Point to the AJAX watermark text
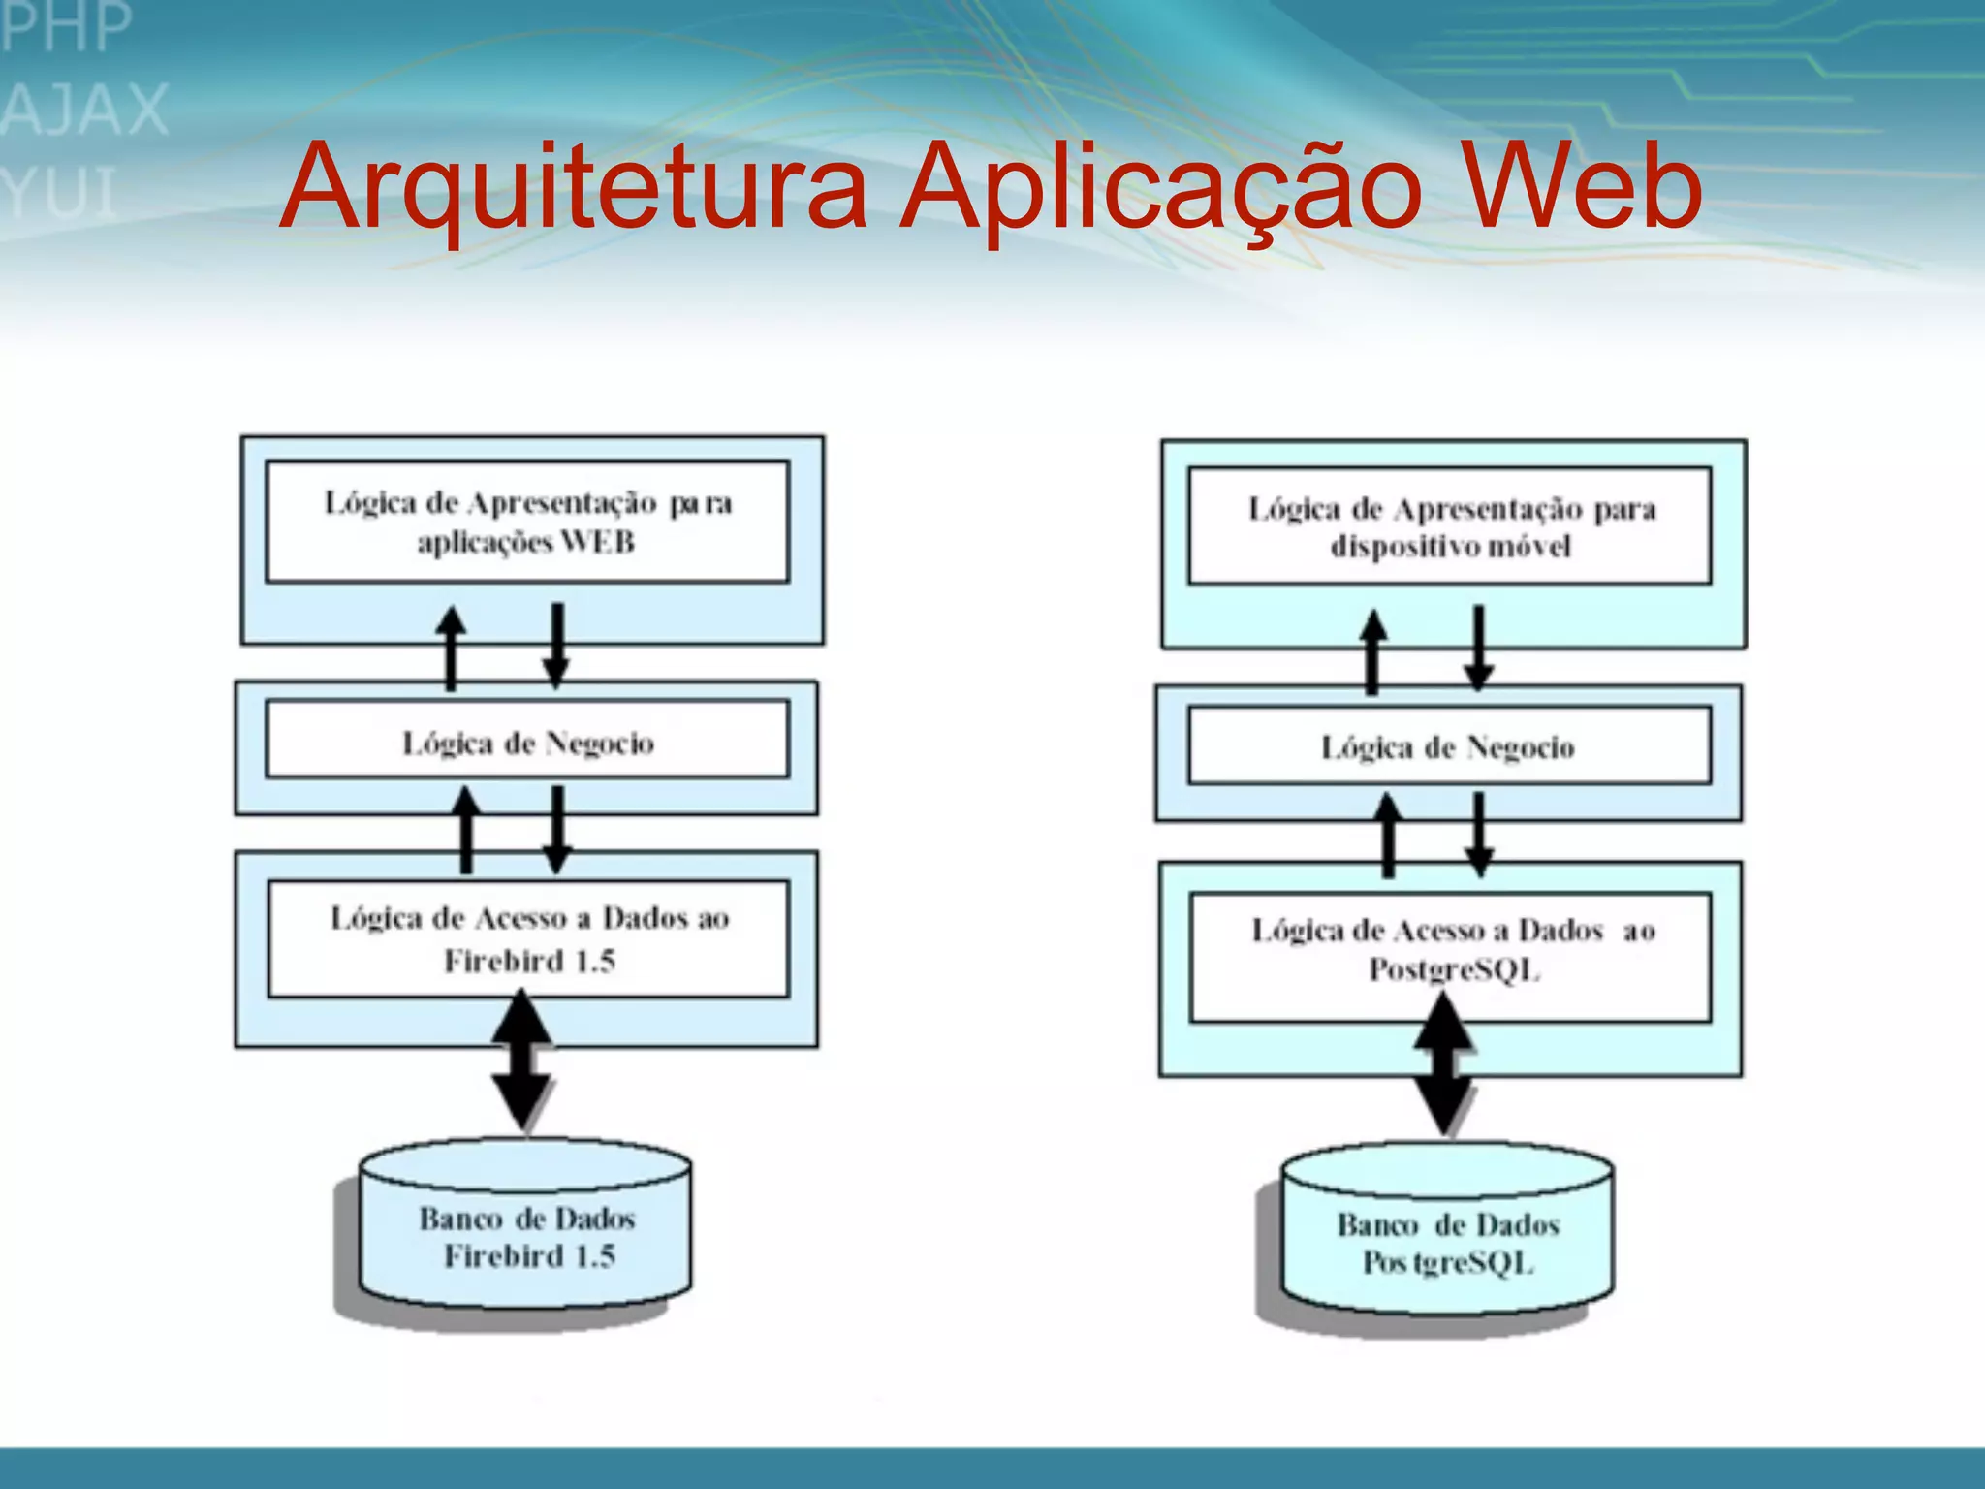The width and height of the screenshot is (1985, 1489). click(x=85, y=109)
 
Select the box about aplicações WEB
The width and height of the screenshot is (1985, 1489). click(x=527, y=522)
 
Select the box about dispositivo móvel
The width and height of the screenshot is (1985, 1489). click(x=1449, y=526)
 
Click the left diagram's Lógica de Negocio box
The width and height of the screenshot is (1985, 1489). click(x=527, y=743)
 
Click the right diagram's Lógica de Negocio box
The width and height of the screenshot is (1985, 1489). click(x=1449, y=746)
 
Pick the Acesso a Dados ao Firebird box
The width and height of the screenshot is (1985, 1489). click(x=528, y=938)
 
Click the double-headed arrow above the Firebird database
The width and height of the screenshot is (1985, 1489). click(x=522, y=1061)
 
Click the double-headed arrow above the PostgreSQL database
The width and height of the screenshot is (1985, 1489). click(x=1444, y=1066)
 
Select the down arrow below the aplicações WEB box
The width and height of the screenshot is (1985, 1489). click(x=556, y=646)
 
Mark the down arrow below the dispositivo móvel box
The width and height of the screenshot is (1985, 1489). click(x=1478, y=648)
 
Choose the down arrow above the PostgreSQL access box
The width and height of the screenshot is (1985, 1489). click(x=1478, y=834)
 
